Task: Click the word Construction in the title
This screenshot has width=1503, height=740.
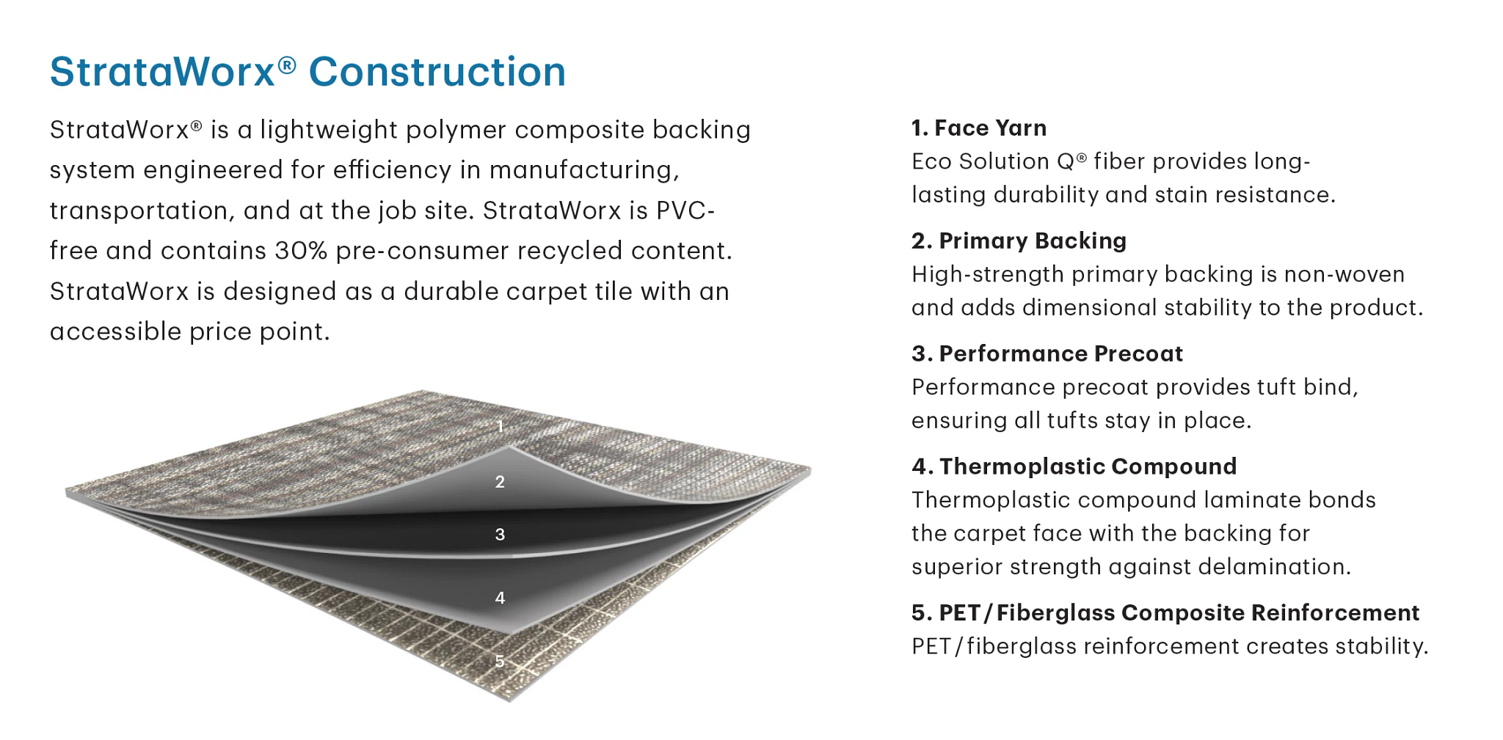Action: (x=437, y=72)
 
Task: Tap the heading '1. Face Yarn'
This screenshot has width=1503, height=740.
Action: (x=979, y=128)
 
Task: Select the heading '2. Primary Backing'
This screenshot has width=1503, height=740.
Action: (x=1019, y=241)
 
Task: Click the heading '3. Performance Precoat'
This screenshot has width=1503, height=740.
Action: (x=1047, y=353)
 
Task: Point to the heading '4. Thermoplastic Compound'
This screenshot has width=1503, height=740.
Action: (x=1074, y=466)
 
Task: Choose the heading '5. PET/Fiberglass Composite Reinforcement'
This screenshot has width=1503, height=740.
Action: (x=1165, y=612)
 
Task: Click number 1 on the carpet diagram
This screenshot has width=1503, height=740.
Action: (x=501, y=426)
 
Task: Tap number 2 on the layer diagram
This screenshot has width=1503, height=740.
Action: (x=500, y=482)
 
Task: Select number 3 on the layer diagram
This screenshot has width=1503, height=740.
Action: (x=500, y=535)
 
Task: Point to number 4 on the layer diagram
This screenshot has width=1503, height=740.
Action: (x=500, y=598)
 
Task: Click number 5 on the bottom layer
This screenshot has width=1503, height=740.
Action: (x=500, y=662)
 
